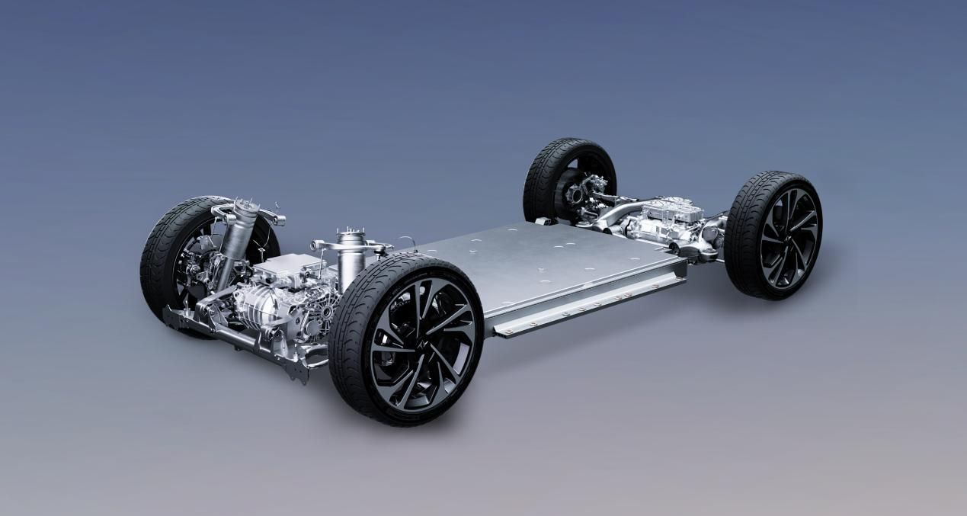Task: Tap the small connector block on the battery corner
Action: tap(543, 222)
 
